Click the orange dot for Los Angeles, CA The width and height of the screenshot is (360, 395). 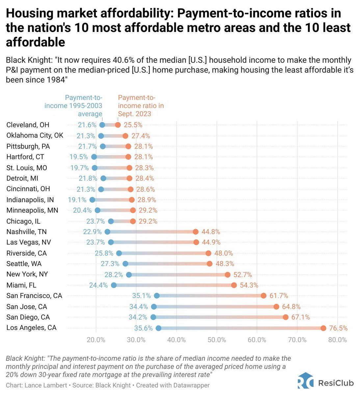tap(323, 328)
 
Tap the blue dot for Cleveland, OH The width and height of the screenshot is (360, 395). tap(102, 125)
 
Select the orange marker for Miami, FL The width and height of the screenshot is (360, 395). tap(234, 285)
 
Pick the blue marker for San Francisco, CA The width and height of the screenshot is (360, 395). tap(157, 296)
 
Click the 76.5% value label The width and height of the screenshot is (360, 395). tap(338, 328)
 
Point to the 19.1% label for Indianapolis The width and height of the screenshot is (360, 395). tap(77, 200)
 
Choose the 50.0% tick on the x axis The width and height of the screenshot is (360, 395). tap(217, 340)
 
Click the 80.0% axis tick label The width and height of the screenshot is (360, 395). tap(338, 340)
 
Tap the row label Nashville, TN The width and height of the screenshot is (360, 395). tap(26, 232)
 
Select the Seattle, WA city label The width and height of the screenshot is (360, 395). tap(24, 264)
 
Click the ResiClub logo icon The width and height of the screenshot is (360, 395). tap(305, 382)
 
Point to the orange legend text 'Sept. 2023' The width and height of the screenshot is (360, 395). tap(135, 114)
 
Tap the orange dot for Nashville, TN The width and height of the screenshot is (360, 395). tap(196, 232)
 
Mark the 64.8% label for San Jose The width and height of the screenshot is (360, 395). tap(291, 307)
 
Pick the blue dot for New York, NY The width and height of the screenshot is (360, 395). tap(129, 275)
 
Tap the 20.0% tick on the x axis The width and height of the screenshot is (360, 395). tap(96, 340)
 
